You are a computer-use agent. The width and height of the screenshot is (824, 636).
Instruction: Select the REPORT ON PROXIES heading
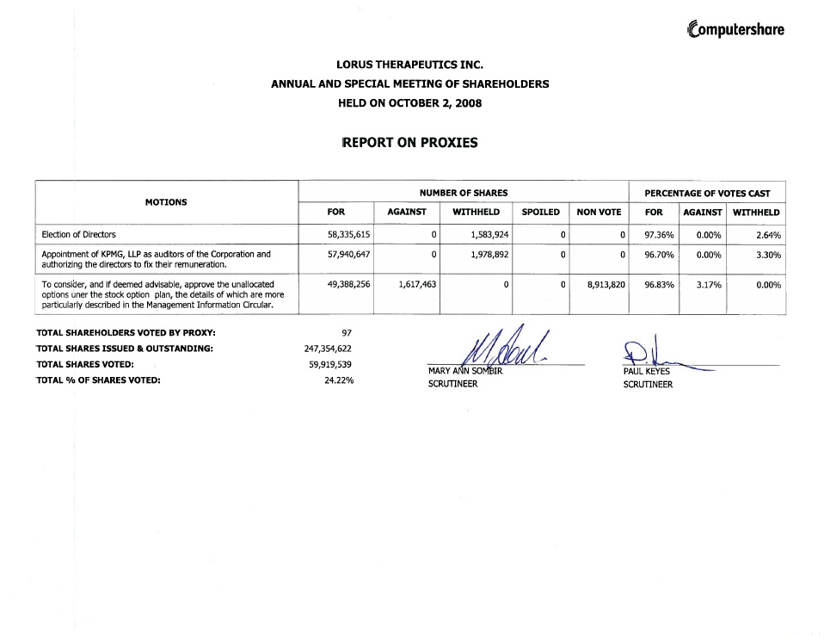pyautogui.click(x=409, y=143)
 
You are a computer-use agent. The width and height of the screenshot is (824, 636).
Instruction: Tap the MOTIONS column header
pyautogui.click(x=165, y=202)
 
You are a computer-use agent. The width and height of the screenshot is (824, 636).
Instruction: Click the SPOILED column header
pyautogui.click(x=540, y=212)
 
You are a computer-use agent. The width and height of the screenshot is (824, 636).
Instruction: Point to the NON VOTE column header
pyautogui.click(x=599, y=212)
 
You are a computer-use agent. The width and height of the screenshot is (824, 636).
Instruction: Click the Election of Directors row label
pyautogui.click(x=79, y=234)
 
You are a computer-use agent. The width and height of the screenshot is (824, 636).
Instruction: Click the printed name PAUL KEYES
pyautogui.click(x=646, y=372)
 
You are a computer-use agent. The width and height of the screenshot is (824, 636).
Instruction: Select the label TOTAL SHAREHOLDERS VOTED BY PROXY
pyautogui.click(x=126, y=332)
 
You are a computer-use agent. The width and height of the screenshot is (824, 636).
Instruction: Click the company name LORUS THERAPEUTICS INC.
pyautogui.click(x=409, y=65)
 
